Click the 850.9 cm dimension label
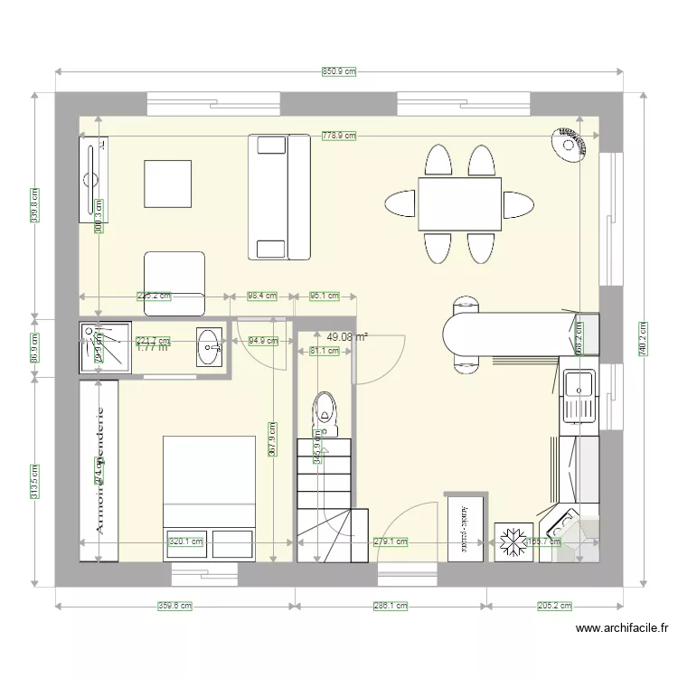[x=339, y=71]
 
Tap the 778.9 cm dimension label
[x=339, y=136]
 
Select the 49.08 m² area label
[x=347, y=336]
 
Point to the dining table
[x=459, y=203]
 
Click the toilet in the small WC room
[x=324, y=411]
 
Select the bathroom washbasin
[x=210, y=346]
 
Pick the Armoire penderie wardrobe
[x=99, y=470]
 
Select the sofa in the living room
[x=278, y=196]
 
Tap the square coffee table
[x=167, y=184]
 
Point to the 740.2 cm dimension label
[x=643, y=339]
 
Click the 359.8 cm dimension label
[x=175, y=607]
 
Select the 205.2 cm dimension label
[x=554, y=607]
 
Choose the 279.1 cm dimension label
[x=391, y=542]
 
